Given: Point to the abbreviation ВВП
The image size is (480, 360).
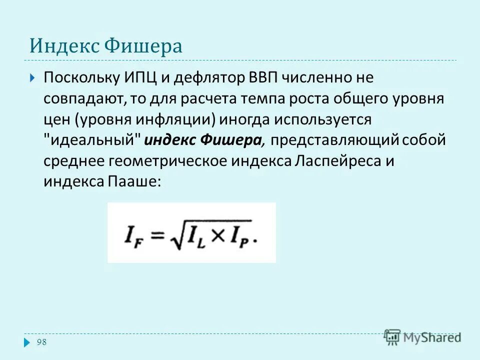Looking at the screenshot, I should (262, 78).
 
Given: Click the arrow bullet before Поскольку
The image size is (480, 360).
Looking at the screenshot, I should (32, 78).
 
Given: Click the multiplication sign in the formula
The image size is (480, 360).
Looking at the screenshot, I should (219, 233).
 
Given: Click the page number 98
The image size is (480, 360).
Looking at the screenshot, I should (41, 341).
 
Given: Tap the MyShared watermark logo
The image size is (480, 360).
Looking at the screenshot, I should (423, 337).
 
